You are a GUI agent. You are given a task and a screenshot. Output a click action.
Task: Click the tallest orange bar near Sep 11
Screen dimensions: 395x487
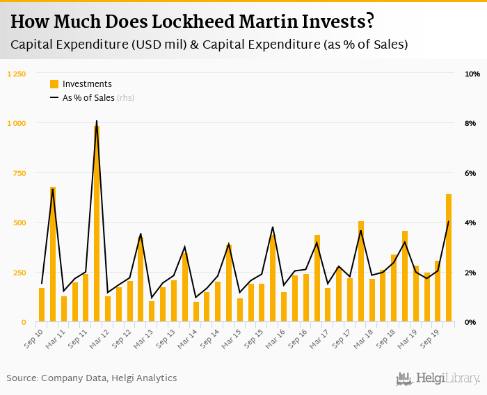tap(97, 223)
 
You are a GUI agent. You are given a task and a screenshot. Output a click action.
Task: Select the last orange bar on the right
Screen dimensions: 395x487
tap(449, 258)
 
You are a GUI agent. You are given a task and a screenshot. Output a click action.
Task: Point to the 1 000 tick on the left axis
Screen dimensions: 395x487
tap(16, 123)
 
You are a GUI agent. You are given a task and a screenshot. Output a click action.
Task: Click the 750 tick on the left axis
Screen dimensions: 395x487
tap(19, 173)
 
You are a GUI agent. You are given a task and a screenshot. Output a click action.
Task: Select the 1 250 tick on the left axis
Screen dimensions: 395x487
tap(16, 74)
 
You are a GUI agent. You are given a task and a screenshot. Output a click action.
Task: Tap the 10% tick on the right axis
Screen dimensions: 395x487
tap(472, 74)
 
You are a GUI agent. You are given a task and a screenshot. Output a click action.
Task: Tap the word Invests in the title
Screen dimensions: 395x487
tap(333, 22)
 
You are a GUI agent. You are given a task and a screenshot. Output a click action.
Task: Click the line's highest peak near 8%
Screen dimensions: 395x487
tap(96, 121)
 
